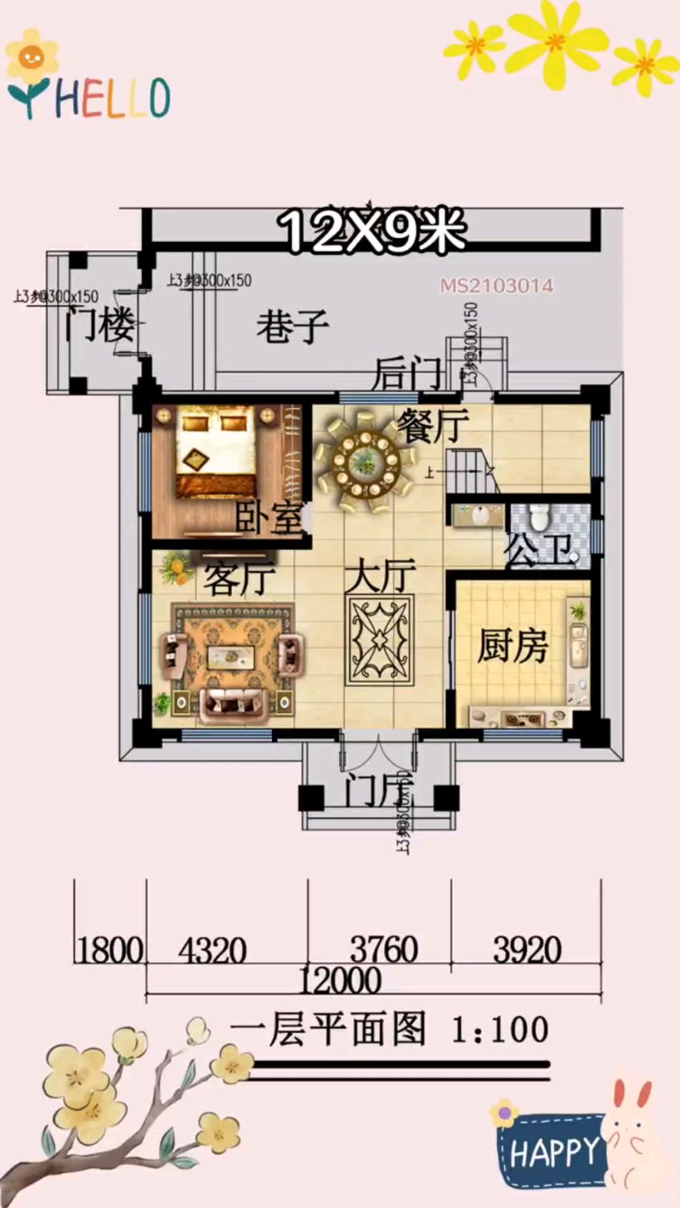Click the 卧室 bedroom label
click(x=269, y=518)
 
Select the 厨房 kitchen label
click(x=512, y=646)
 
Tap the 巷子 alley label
click(x=292, y=327)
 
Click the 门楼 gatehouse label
click(x=100, y=324)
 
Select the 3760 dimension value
click(x=383, y=949)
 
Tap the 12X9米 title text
click(x=373, y=231)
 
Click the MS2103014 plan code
click(x=496, y=285)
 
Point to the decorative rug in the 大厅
click(x=380, y=640)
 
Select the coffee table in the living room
click(x=232, y=656)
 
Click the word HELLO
click(x=112, y=98)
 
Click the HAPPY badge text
click(x=553, y=1152)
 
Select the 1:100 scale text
click(x=500, y=1030)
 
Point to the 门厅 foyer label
click(x=378, y=790)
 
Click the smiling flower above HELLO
click(x=32, y=56)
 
